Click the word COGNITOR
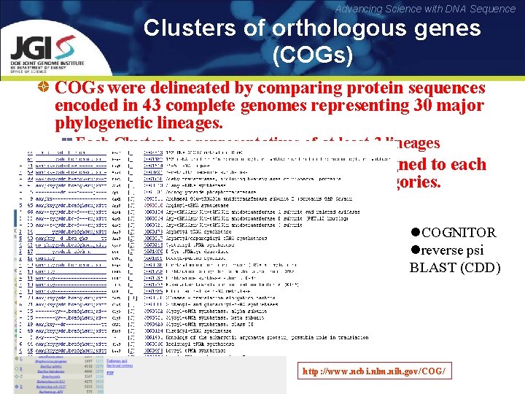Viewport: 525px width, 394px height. tap(459, 233)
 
